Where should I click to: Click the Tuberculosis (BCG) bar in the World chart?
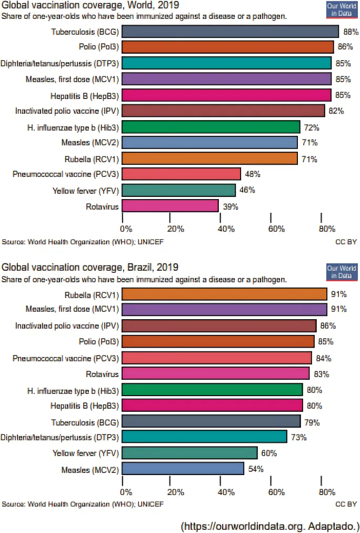pyautogui.click(x=230, y=32)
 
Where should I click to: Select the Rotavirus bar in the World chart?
pyautogui.click(x=170, y=205)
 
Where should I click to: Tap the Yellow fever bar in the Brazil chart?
pyautogui.click(x=189, y=453)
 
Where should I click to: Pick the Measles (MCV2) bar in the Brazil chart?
pyautogui.click(x=183, y=469)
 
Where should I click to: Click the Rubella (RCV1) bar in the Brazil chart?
pyautogui.click(x=224, y=294)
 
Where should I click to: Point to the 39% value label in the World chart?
pyautogui.click(x=231, y=207)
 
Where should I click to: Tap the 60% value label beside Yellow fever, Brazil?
pyautogui.click(x=269, y=453)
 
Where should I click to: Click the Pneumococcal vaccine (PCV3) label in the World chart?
pyautogui.click(x=65, y=174)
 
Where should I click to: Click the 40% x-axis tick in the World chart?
pyautogui.click(x=225, y=229)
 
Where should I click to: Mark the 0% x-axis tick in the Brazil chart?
pyautogui.click(x=126, y=492)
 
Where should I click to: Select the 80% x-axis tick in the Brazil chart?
pyautogui.click(x=326, y=492)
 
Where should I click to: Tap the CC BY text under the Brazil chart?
pyautogui.click(x=346, y=504)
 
